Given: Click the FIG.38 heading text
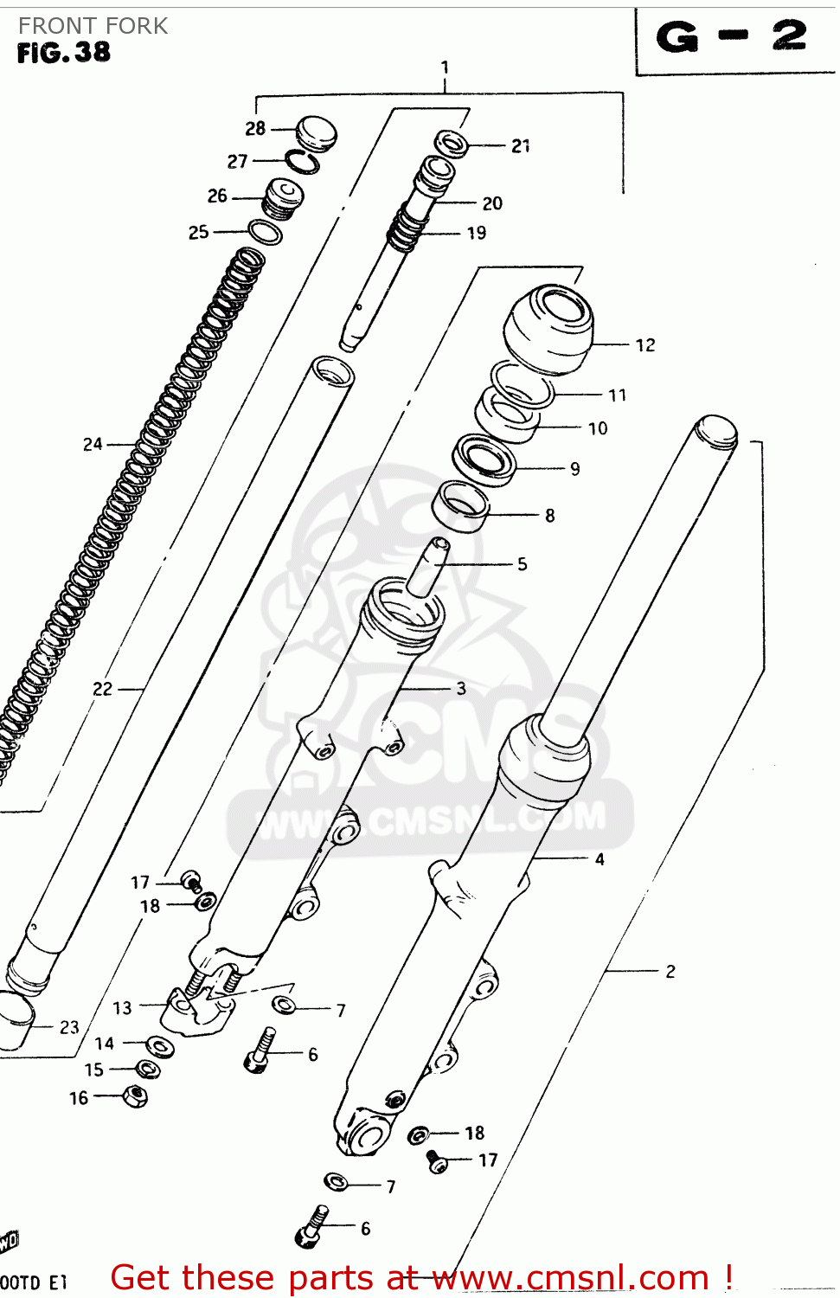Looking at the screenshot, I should pos(64,53).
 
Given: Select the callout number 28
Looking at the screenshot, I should pos(255,129).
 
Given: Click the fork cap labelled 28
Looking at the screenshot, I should pos(316,132).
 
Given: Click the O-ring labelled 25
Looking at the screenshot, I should pos(265,232).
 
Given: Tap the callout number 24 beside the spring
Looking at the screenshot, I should pos(93,445).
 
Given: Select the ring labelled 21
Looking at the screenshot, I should pos(452,143).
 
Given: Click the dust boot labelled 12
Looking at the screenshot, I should pos(549,329).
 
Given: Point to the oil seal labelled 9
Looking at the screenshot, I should pos(484,459).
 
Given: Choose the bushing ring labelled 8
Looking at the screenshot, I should pos(460,505).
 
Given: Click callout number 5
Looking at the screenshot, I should pos(523,564).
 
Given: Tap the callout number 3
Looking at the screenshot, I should pos(461,689).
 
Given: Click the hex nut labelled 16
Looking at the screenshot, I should pos(135,1097).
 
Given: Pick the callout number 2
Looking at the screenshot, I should pos(670,972).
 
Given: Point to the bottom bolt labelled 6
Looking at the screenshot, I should pos(311,1227).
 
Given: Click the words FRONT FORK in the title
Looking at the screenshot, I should pos(93,26).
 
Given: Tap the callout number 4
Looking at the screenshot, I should pos(600,859).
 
